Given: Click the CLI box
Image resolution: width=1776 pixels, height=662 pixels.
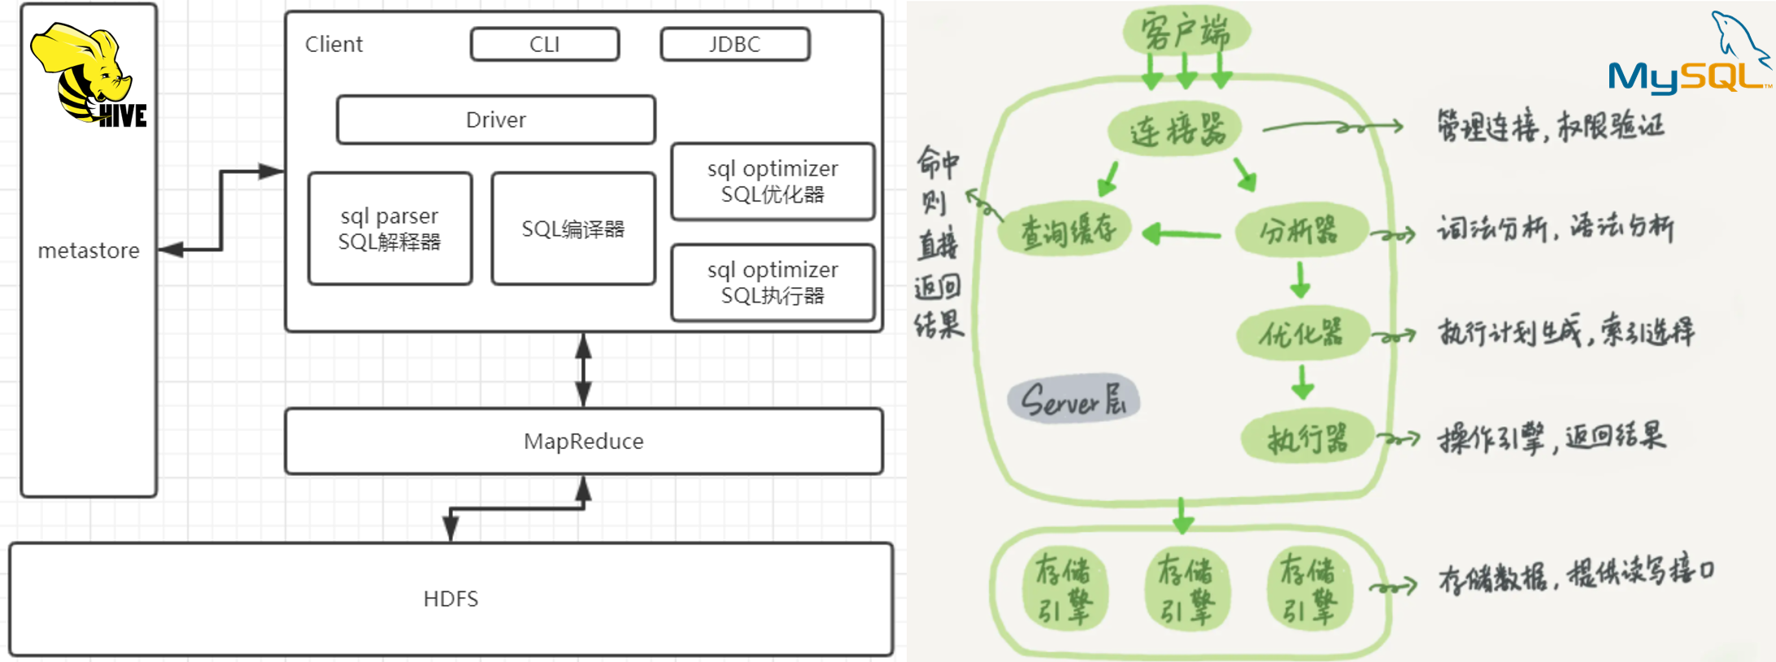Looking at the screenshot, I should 544,44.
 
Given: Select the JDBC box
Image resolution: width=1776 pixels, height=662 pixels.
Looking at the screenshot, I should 734,44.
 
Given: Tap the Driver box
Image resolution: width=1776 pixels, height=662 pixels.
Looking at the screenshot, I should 495,120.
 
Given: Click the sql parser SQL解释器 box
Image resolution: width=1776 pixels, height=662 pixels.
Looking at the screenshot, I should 390,229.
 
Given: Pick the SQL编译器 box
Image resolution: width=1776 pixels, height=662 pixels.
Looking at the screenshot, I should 573,229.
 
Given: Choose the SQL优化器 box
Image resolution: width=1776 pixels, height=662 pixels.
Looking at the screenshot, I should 773,181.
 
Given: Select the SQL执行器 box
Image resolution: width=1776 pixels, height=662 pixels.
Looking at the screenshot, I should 773,282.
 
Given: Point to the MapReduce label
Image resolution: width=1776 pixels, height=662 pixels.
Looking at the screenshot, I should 583,441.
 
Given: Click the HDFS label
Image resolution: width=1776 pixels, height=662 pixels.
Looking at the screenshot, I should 451,599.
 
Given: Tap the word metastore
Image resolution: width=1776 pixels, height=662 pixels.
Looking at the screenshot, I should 89,250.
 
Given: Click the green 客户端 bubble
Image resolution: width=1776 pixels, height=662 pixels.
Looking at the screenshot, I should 1186,32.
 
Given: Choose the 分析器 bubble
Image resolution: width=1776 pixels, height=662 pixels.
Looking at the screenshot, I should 1299,232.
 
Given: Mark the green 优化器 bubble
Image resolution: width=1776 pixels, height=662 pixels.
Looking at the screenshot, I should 1302,333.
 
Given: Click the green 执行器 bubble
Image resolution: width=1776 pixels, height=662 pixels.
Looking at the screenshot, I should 1307,438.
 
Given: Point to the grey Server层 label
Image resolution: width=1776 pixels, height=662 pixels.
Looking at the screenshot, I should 1073,399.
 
